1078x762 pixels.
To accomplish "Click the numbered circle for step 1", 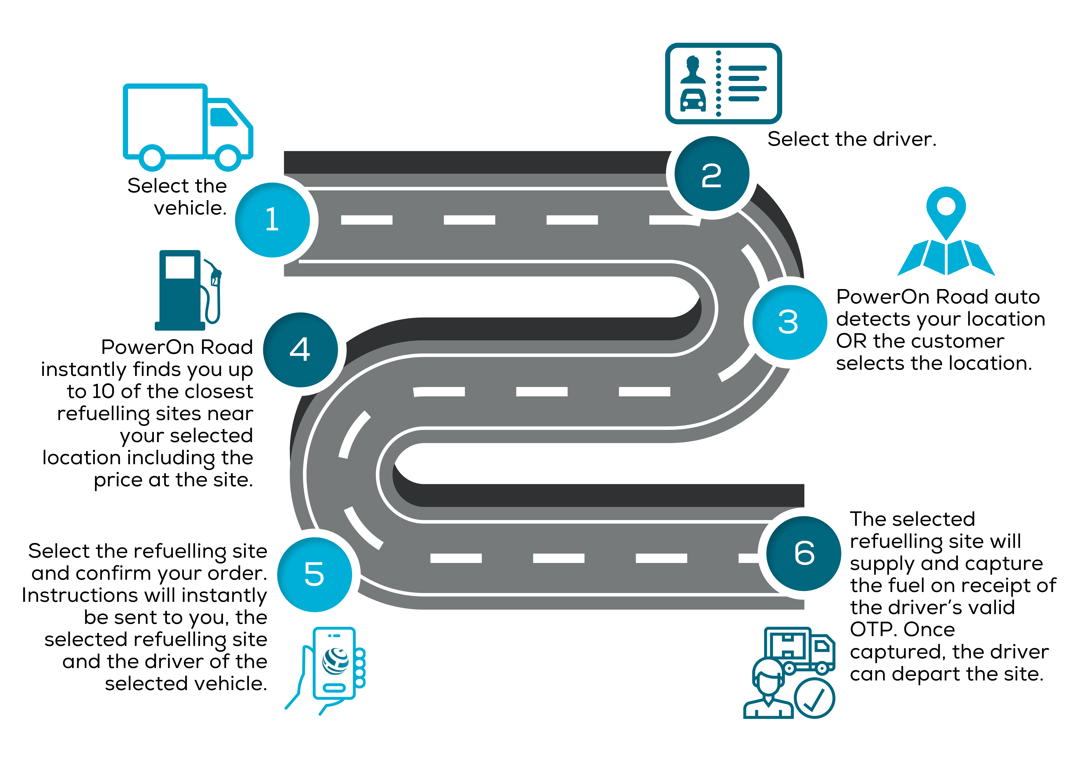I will point(272,220).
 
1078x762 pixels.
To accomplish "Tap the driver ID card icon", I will point(723,84).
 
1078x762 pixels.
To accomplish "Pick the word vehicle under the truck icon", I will point(190,208).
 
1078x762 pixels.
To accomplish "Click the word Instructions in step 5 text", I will point(80,595).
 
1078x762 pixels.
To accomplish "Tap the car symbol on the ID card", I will point(693,99).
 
